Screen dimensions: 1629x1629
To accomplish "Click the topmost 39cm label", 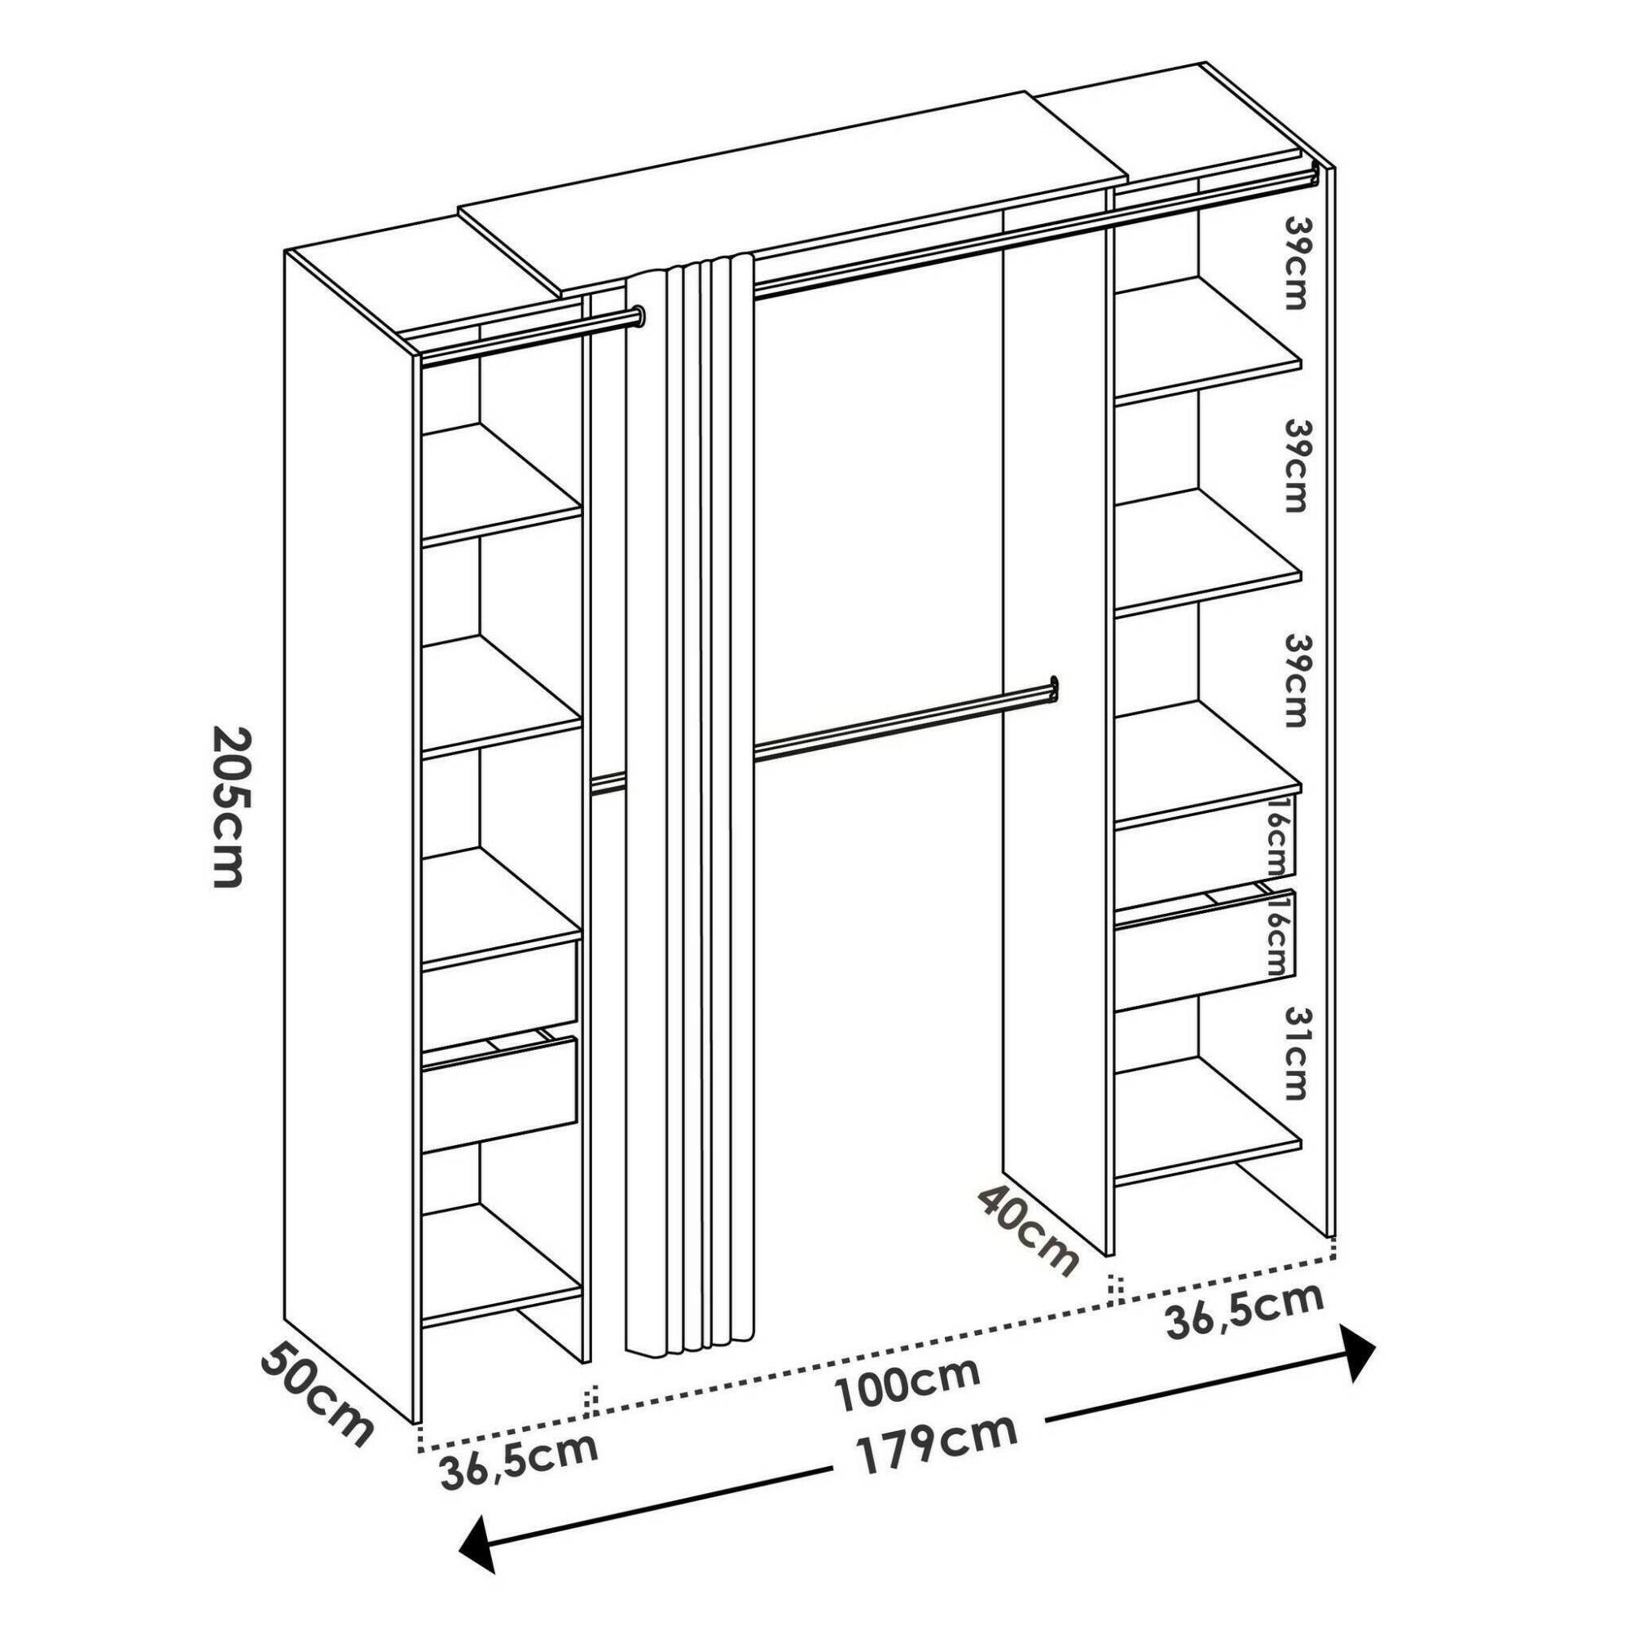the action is (1294, 262).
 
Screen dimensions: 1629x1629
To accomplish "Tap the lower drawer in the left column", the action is (499, 1094).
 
